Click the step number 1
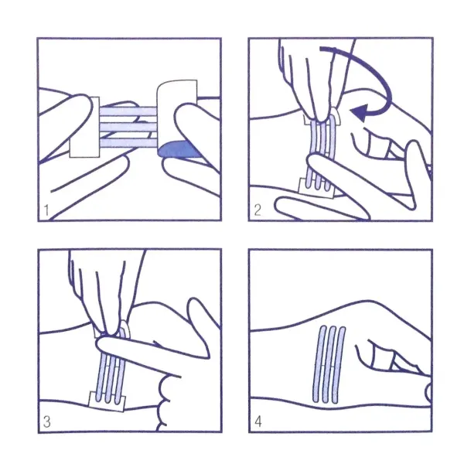46,210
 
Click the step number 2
258,210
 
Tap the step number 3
46,421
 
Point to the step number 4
258,421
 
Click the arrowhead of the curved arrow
359,112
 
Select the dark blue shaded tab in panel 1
178,149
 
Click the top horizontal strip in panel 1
128,111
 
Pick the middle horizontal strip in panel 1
128,128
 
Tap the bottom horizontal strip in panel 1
128,143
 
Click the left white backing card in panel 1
84,128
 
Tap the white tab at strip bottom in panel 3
107,401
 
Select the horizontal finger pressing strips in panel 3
152,349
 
